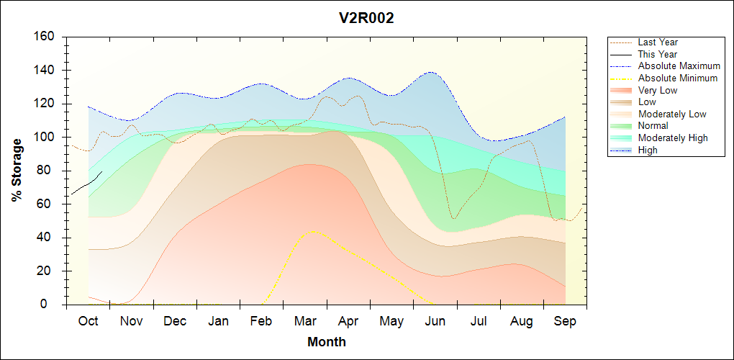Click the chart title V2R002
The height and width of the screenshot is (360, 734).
[366, 19]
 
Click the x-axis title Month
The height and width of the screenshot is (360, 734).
[326, 341]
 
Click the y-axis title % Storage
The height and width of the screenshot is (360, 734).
[17, 175]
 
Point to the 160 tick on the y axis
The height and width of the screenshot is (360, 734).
[45, 37]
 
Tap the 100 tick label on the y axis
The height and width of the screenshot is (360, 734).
[45, 137]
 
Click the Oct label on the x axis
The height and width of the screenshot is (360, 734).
[88, 321]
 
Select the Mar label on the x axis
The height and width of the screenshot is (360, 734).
[305, 321]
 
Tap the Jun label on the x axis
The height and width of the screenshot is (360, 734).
[435, 321]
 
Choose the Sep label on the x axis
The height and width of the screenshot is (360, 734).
[565, 321]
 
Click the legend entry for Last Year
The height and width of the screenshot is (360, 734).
[657, 42]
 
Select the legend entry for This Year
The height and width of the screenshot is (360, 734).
[657, 54]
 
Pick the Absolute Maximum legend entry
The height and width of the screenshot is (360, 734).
[679, 66]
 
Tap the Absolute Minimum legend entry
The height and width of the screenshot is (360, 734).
[677, 78]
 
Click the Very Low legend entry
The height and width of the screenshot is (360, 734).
[657, 90]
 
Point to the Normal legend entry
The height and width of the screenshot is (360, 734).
[653, 126]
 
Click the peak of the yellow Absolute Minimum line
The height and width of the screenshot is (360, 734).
[311, 231]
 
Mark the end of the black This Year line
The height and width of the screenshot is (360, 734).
[102, 171]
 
